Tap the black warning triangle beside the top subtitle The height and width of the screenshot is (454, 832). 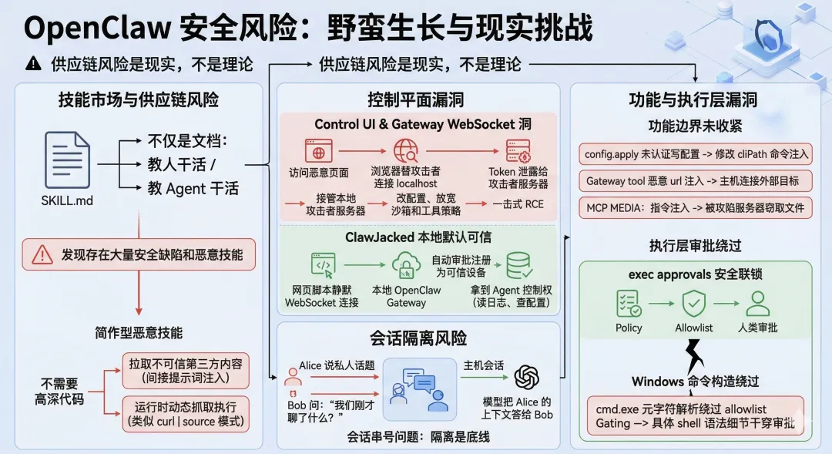coord(32,64)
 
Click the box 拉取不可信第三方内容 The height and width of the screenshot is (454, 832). coord(186,371)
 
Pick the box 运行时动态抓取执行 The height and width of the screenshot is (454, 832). coord(186,413)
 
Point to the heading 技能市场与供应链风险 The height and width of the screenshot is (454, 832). coord(139,100)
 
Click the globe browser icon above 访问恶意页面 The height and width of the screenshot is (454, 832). coord(318,150)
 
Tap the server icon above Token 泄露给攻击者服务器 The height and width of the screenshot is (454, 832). coord(518,150)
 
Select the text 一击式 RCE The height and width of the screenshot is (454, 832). coord(518,203)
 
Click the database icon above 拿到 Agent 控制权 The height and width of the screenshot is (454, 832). coord(518,266)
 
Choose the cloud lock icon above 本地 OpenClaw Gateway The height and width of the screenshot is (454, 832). coord(405,266)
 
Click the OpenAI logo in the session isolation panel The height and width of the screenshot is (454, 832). coord(527,377)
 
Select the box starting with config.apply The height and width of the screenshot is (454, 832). coord(696,154)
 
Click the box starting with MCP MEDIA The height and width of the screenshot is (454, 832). coord(696,207)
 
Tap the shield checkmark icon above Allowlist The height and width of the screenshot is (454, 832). coord(694,303)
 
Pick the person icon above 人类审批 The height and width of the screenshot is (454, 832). coord(757,303)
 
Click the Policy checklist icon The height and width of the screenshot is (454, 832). coord(629,303)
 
